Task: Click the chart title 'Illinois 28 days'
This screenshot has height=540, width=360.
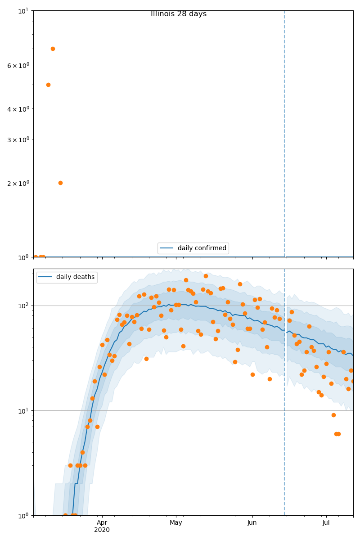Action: (179, 14)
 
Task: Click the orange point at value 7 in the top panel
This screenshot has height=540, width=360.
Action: (53, 49)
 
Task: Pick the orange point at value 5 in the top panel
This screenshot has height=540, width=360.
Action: (48, 85)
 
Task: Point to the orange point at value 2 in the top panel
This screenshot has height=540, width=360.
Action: (60, 183)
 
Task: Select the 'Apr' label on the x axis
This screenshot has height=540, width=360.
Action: (102, 523)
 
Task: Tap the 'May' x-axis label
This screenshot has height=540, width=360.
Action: (176, 523)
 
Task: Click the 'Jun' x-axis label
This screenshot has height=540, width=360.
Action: (252, 523)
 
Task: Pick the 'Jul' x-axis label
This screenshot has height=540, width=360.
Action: (326, 523)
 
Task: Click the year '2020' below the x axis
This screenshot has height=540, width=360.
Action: (102, 530)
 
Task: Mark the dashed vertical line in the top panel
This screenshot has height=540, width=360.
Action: (284, 135)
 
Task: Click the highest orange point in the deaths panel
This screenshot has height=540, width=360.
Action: (206, 276)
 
